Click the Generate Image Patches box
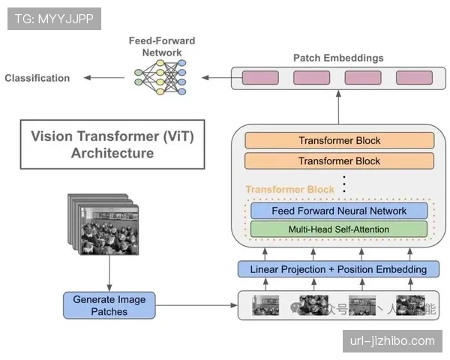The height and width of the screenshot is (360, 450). [109, 305]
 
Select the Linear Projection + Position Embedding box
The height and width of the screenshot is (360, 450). [338, 268]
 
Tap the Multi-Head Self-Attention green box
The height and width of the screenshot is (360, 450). [338, 229]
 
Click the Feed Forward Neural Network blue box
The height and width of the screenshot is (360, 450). [338, 211]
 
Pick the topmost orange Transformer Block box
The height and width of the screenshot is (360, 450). [339, 140]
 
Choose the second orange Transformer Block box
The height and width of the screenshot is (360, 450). [339, 160]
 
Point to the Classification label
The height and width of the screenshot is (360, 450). [37, 78]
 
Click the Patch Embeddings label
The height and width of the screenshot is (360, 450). [338, 58]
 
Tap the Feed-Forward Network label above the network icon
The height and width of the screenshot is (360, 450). [162, 46]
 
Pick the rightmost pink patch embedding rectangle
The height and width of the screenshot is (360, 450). [414, 77]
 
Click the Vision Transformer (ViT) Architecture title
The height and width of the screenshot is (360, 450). [112, 145]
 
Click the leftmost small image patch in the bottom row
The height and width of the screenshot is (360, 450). [265, 305]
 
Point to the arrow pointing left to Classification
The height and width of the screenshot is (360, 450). [105, 77]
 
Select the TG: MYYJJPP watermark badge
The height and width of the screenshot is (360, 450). [54, 18]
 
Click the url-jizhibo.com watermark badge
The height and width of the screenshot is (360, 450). [392, 341]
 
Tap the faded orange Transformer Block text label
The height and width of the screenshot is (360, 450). [289, 190]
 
